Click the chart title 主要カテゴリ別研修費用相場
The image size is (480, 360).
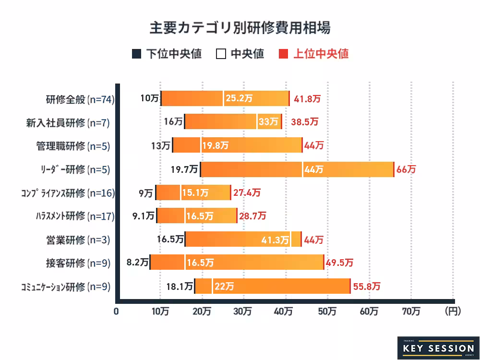(x=240, y=27)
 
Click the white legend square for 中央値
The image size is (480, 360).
(x=221, y=54)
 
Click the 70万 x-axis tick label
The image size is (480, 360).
(x=411, y=311)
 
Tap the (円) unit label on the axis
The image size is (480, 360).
(x=453, y=311)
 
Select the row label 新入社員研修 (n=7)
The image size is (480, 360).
(x=68, y=122)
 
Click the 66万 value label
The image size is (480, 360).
(x=406, y=169)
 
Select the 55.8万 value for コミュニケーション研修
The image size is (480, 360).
(x=367, y=287)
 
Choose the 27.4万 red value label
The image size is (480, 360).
(x=247, y=193)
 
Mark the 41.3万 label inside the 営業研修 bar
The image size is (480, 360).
(x=275, y=240)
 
